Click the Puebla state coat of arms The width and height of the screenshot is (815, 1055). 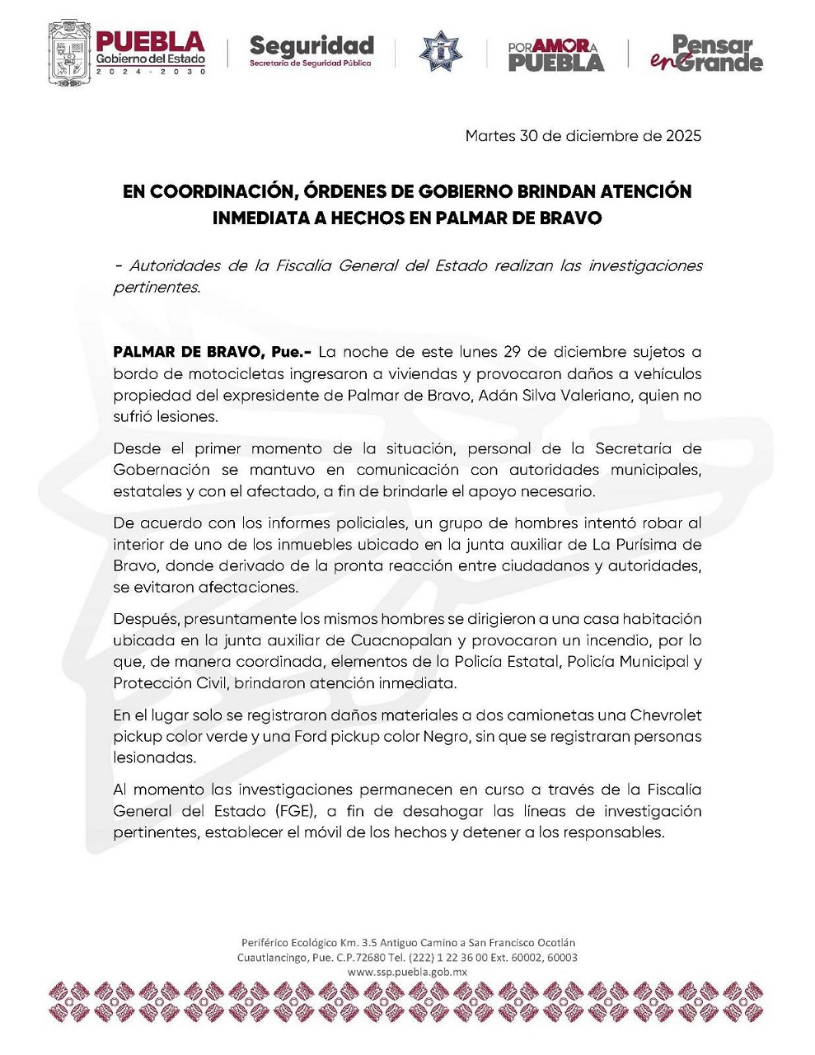point(67,52)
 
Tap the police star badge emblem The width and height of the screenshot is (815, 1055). point(441,52)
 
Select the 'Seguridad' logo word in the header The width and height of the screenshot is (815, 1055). point(311,45)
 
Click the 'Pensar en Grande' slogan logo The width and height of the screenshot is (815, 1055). point(708,53)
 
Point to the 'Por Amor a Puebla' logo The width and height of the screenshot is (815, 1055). point(555,54)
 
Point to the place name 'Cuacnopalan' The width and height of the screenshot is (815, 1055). point(400,640)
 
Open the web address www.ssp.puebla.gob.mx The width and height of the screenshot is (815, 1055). point(407,972)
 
